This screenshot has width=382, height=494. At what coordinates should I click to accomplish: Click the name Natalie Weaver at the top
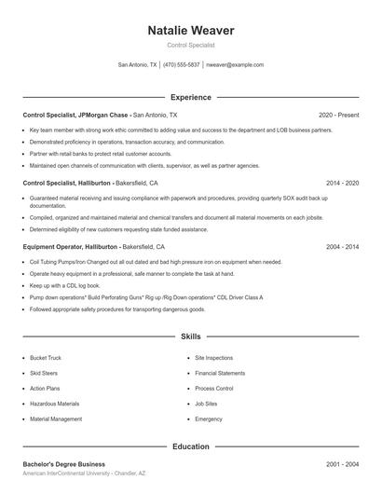click(x=191, y=31)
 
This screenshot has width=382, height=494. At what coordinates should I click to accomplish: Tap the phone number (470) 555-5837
click(x=182, y=65)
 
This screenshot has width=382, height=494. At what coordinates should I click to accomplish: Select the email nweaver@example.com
click(x=235, y=65)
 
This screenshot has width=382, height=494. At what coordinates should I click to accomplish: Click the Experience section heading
click(x=191, y=97)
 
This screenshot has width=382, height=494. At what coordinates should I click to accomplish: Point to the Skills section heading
click(x=191, y=336)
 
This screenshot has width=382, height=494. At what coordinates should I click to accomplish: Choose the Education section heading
click(x=191, y=446)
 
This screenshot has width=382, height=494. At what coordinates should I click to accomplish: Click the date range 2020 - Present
click(x=338, y=115)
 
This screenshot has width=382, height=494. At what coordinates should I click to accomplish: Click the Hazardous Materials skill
click(x=54, y=404)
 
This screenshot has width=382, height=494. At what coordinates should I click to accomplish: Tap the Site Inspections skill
click(x=213, y=358)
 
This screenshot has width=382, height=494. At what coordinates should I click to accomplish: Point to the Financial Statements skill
click(x=220, y=373)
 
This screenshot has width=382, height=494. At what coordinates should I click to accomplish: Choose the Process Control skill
click(x=213, y=389)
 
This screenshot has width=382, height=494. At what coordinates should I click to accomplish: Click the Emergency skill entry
click(x=209, y=419)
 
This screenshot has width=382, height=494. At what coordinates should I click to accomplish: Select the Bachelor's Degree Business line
click(x=63, y=464)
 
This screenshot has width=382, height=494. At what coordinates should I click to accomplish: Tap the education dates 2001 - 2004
click(x=342, y=464)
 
